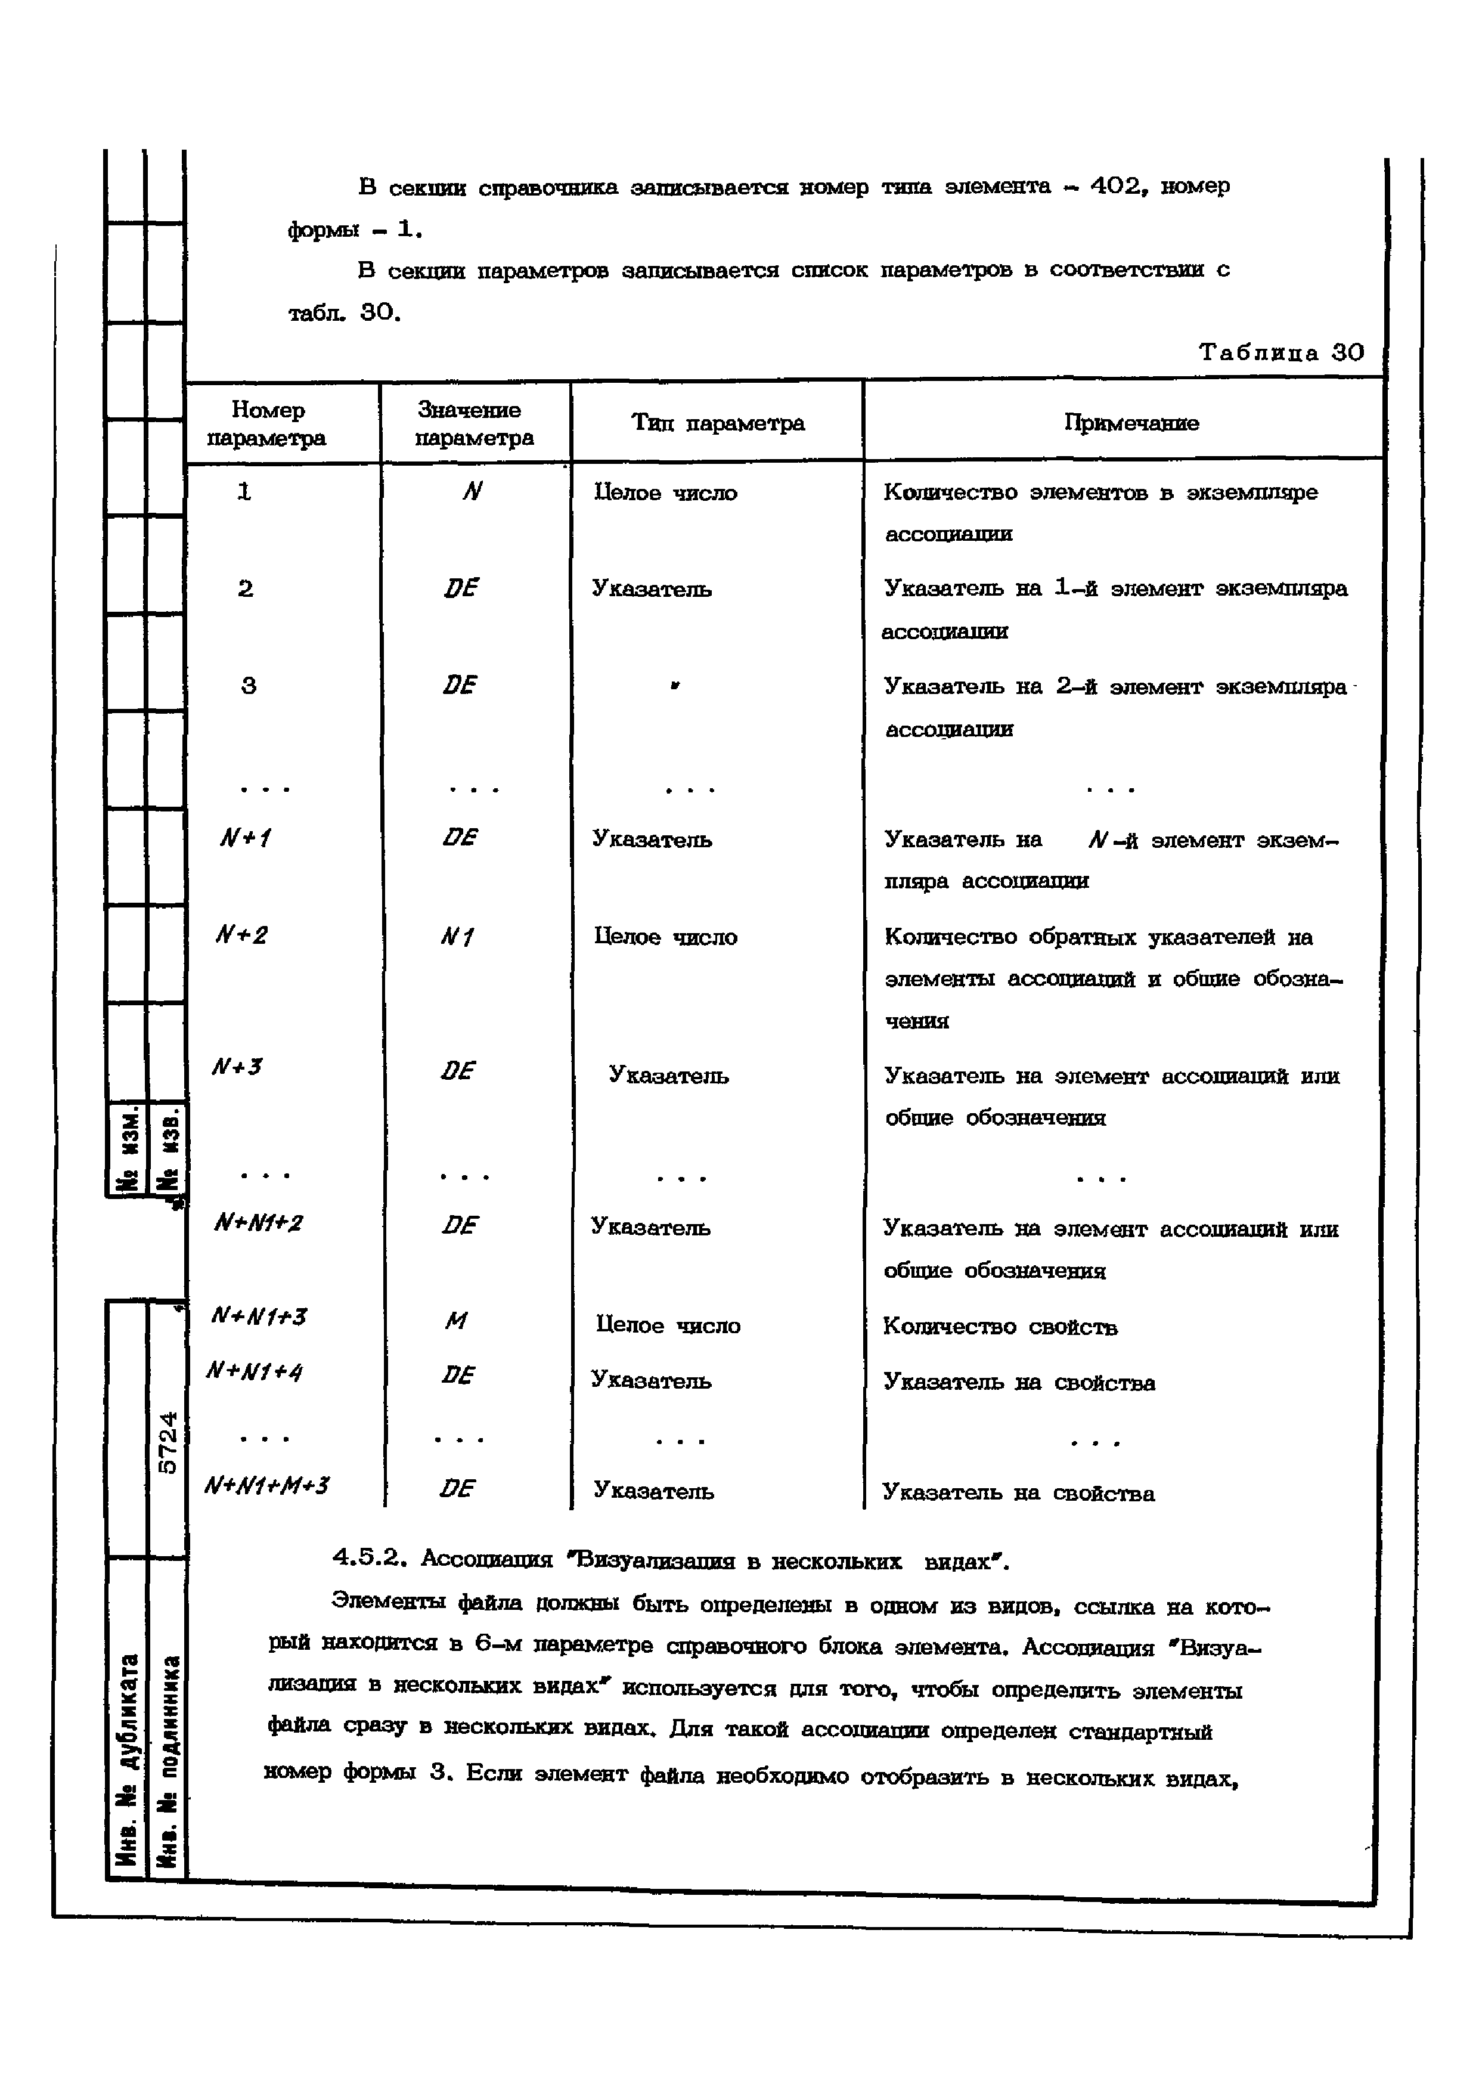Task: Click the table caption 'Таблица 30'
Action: coord(1280,352)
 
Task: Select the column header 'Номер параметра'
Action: coord(267,423)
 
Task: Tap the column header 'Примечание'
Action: coord(1131,423)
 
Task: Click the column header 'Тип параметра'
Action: coord(718,423)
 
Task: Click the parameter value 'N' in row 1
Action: coord(471,492)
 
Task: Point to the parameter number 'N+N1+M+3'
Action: coord(267,1486)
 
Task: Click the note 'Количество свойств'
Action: coord(1000,1327)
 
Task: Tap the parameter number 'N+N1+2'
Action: coord(258,1223)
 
